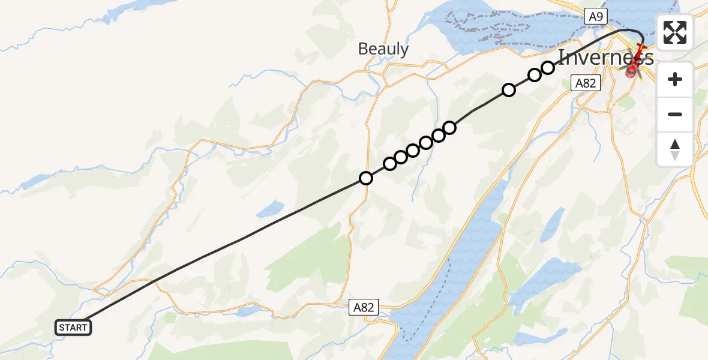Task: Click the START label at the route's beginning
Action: click(73, 328)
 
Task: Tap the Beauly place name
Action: click(383, 49)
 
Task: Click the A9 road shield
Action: click(595, 17)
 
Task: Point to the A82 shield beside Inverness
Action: click(585, 83)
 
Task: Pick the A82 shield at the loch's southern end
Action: click(364, 308)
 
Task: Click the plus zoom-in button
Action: click(675, 79)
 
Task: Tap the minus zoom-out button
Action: click(675, 114)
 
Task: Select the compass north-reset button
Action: click(675, 149)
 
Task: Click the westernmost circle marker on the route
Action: click(366, 178)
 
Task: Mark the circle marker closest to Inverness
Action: click(548, 67)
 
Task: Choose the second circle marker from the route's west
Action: click(390, 164)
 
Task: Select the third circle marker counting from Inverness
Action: click(509, 90)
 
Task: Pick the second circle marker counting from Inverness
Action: click(534, 75)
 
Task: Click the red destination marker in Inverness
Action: click(631, 73)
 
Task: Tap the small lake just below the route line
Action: click(270, 209)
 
